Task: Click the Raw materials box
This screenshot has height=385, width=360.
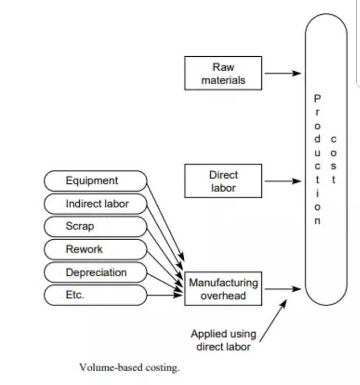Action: tap(223, 74)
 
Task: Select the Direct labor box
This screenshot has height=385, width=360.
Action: tap(223, 181)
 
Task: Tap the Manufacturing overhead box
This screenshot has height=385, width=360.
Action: tap(223, 289)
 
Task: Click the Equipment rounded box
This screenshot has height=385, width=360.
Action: tap(95, 181)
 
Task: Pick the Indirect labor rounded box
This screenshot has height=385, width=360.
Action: tap(95, 204)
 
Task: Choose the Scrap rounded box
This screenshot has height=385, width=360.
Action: tap(95, 226)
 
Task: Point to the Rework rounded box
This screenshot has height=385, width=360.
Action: tap(95, 249)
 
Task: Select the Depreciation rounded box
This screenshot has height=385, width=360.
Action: tap(95, 273)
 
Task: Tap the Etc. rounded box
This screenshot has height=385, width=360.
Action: tap(95, 295)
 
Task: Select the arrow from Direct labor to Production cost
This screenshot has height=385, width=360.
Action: tap(282, 181)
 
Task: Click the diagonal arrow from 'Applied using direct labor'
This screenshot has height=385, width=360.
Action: tap(272, 321)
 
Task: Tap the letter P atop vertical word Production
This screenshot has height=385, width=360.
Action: tap(317, 98)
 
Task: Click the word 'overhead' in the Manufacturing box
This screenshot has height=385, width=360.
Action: tap(223, 295)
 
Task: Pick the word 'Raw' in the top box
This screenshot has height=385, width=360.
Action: tap(223, 67)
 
